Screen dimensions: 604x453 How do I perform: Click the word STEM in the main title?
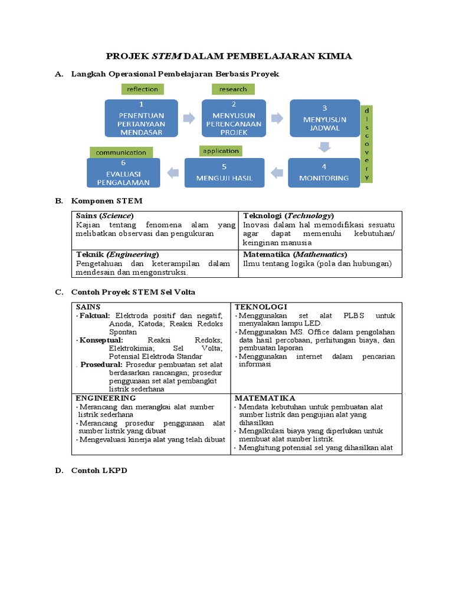pos(168,56)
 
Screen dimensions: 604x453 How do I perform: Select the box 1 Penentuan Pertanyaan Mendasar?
pos(141,118)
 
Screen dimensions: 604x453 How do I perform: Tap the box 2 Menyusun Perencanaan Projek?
pos(230,118)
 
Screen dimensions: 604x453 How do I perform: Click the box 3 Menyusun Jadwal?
pos(324,119)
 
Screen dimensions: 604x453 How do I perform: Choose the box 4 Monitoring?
pos(324,172)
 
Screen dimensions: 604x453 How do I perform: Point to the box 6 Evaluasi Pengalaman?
pos(123,172)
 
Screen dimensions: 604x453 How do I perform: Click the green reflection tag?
pos(142,89)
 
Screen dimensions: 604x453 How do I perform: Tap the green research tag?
pos(233,89)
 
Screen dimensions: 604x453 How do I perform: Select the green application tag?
pos(221,151)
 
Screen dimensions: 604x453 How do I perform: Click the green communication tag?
pos(121,152)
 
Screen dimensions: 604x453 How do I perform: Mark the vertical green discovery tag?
pos(367,144)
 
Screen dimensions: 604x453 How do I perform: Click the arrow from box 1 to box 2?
pos(189,119)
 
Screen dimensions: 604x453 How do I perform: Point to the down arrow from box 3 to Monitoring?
pos(324,146)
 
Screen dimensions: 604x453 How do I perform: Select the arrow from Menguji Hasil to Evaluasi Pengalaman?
pos(173,173)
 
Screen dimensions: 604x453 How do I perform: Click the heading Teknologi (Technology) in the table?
pos(288,216)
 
